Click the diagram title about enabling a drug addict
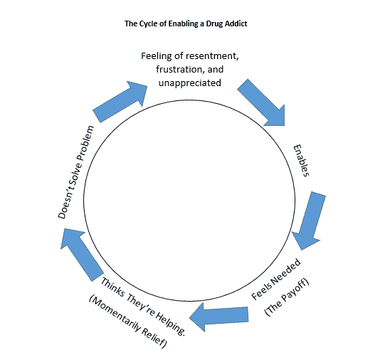coord(186,23)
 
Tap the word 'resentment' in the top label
coord(212,56)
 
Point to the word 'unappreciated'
coord(190,83)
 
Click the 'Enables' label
coord(302,161)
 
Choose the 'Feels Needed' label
coord(276,279)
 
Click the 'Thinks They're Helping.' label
coord(143,307)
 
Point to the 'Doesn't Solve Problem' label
coord(76,172)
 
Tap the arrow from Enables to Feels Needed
coord(308,221)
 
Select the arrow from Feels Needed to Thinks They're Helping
coord(219,317)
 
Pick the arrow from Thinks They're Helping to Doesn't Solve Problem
coord(82,255)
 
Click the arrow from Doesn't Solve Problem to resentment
coord(120,102)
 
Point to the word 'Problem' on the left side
coord(86,143)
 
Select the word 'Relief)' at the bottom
coord(154,338)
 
